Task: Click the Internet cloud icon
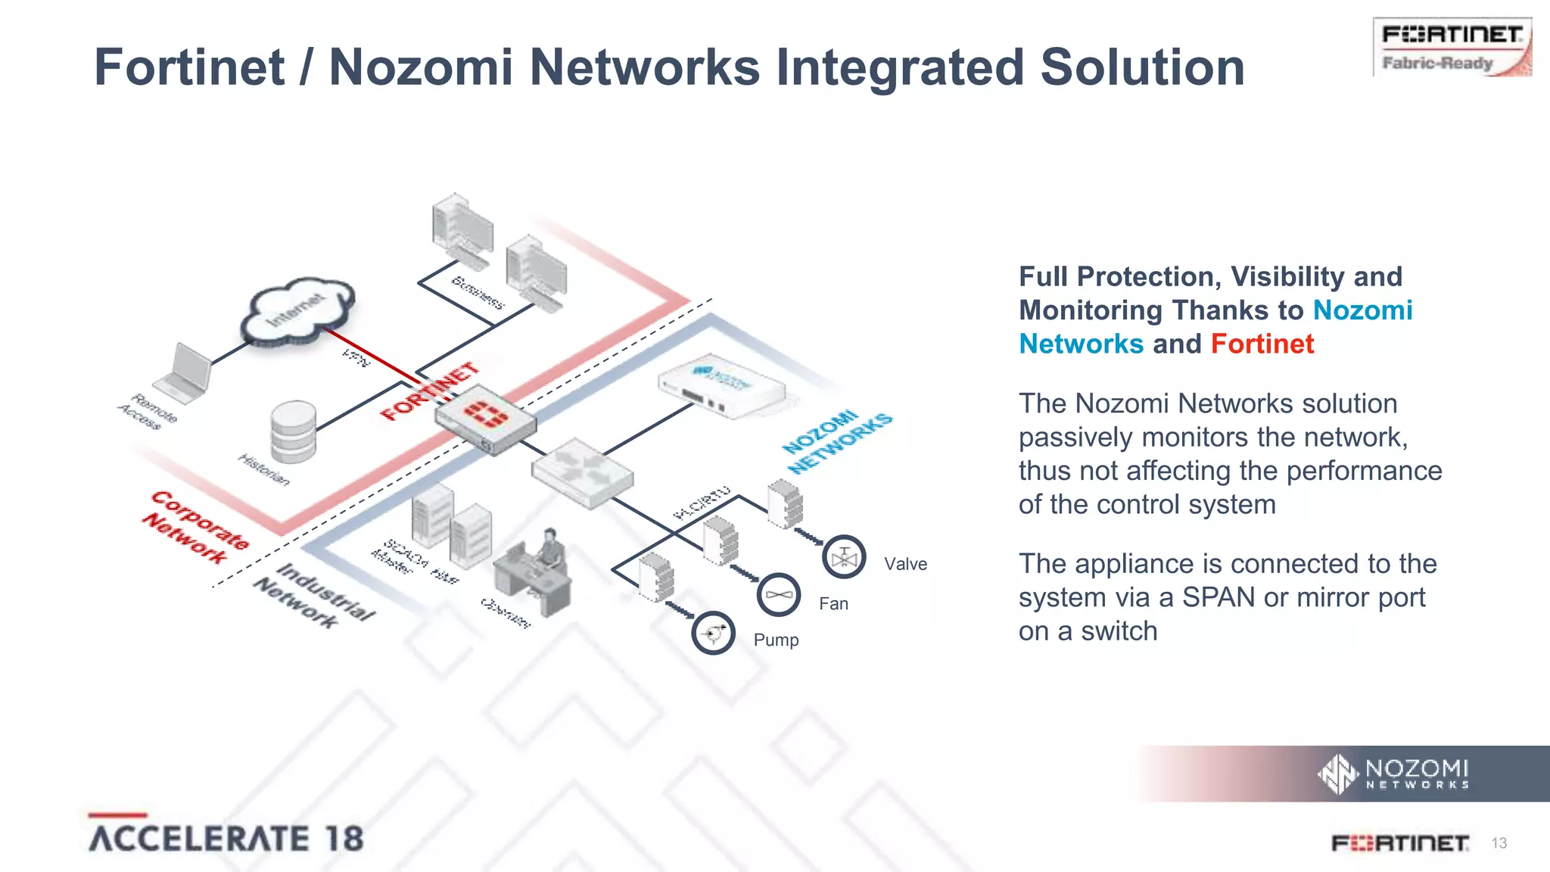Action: [297, 313]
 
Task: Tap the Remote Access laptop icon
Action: [184, 374]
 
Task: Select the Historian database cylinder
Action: [294, 431]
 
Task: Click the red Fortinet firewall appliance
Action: [484, 419]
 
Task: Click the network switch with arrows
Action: [581, 472]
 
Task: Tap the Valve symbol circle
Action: [843, 558]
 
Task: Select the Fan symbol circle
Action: [778, 595]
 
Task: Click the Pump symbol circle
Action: [713, 633]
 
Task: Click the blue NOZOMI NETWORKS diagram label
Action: [836, 442]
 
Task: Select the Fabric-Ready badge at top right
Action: [1452, 47]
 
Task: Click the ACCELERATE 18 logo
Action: [226, 837]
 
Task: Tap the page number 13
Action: [1499, 843]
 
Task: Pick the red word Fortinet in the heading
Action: [1262, 344]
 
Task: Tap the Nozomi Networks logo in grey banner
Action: [1394, 774]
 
